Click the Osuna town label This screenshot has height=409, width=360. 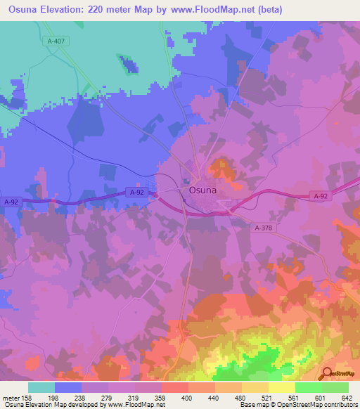pyautogui.click(x=202, y=190)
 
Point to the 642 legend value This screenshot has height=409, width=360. pyautogui.click(x=346, y=397)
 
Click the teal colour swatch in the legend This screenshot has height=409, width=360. pyautogui.click(x=41, y=387)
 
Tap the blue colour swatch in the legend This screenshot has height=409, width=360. pyautogui.click(x=68, y=387)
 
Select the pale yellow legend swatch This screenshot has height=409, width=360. pyautogui.click(x=282, y=387)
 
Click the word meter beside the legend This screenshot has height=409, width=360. pyautogui.click(x=8, y=397)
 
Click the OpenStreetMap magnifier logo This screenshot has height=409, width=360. pyautogui.click(x=327, y=374)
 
